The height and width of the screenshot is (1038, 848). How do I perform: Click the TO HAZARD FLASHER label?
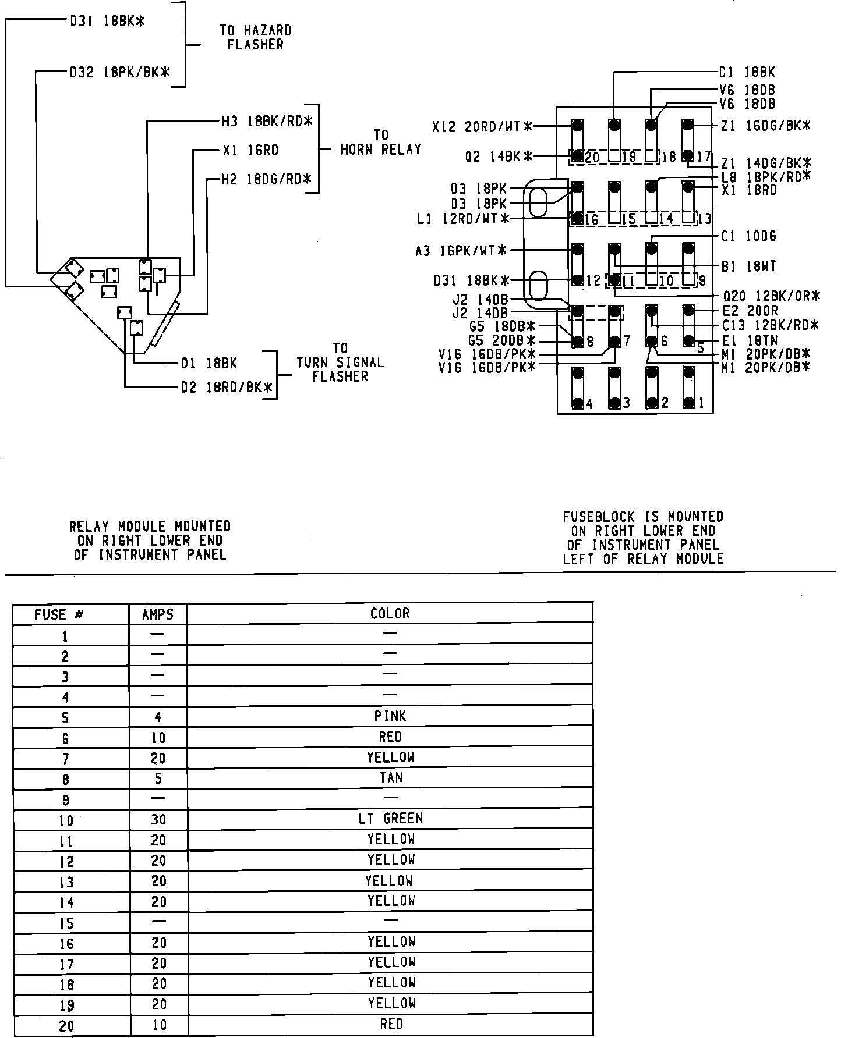point(255,37)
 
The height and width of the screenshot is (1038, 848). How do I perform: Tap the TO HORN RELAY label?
point(380,143)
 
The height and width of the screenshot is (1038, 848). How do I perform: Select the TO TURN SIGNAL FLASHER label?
point(340,362)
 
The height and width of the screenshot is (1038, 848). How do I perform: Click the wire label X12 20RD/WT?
point(482,126)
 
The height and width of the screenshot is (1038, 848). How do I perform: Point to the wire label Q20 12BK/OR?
point(771,296)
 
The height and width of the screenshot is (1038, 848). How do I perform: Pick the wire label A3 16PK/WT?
point(461,251)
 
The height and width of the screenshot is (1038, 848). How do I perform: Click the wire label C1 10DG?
point(748,237)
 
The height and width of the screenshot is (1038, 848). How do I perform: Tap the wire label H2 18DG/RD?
point(267,179)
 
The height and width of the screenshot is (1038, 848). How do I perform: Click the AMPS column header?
point(158,614)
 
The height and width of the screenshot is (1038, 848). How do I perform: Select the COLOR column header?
point(390,613)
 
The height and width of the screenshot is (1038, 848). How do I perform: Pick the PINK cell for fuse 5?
point(390,716)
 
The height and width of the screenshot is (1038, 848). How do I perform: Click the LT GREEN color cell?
point(390,819)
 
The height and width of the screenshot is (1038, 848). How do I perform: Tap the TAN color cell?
point(390,778)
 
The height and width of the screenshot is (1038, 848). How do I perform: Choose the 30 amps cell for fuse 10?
point(158,820)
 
